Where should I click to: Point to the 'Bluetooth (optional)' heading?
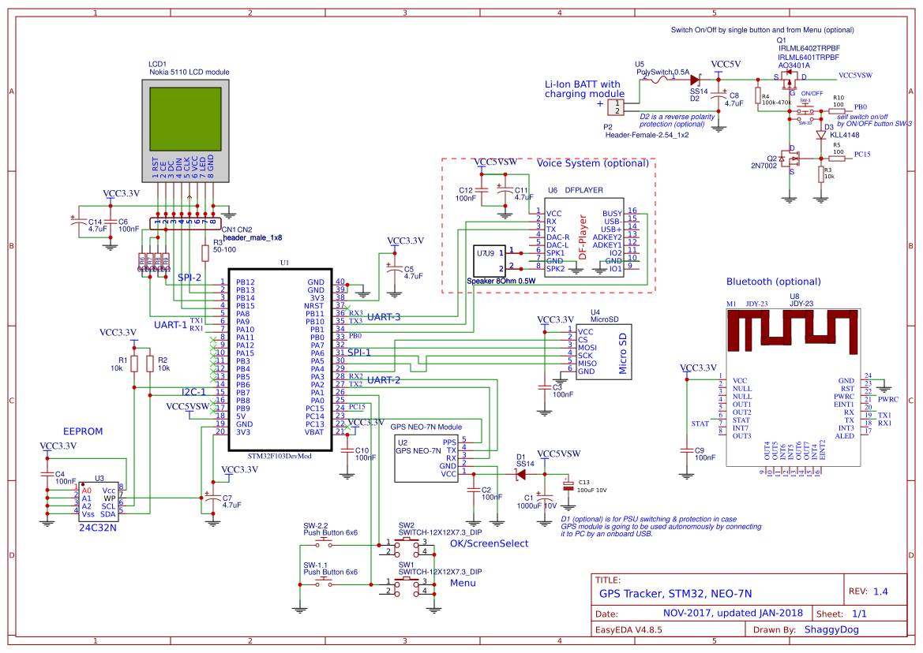point(773,282)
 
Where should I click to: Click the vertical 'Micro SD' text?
point(622,353)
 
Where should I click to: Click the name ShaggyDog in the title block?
point(831,629)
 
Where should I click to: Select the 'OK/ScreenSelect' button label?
point(489,543)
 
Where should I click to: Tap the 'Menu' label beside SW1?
point(463,583)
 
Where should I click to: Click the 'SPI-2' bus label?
point(189,278)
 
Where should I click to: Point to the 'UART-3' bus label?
point(385,317)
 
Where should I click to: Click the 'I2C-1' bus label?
point(194,391)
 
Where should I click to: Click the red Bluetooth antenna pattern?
point(794,329)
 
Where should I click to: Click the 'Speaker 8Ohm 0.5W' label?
point(501,280)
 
